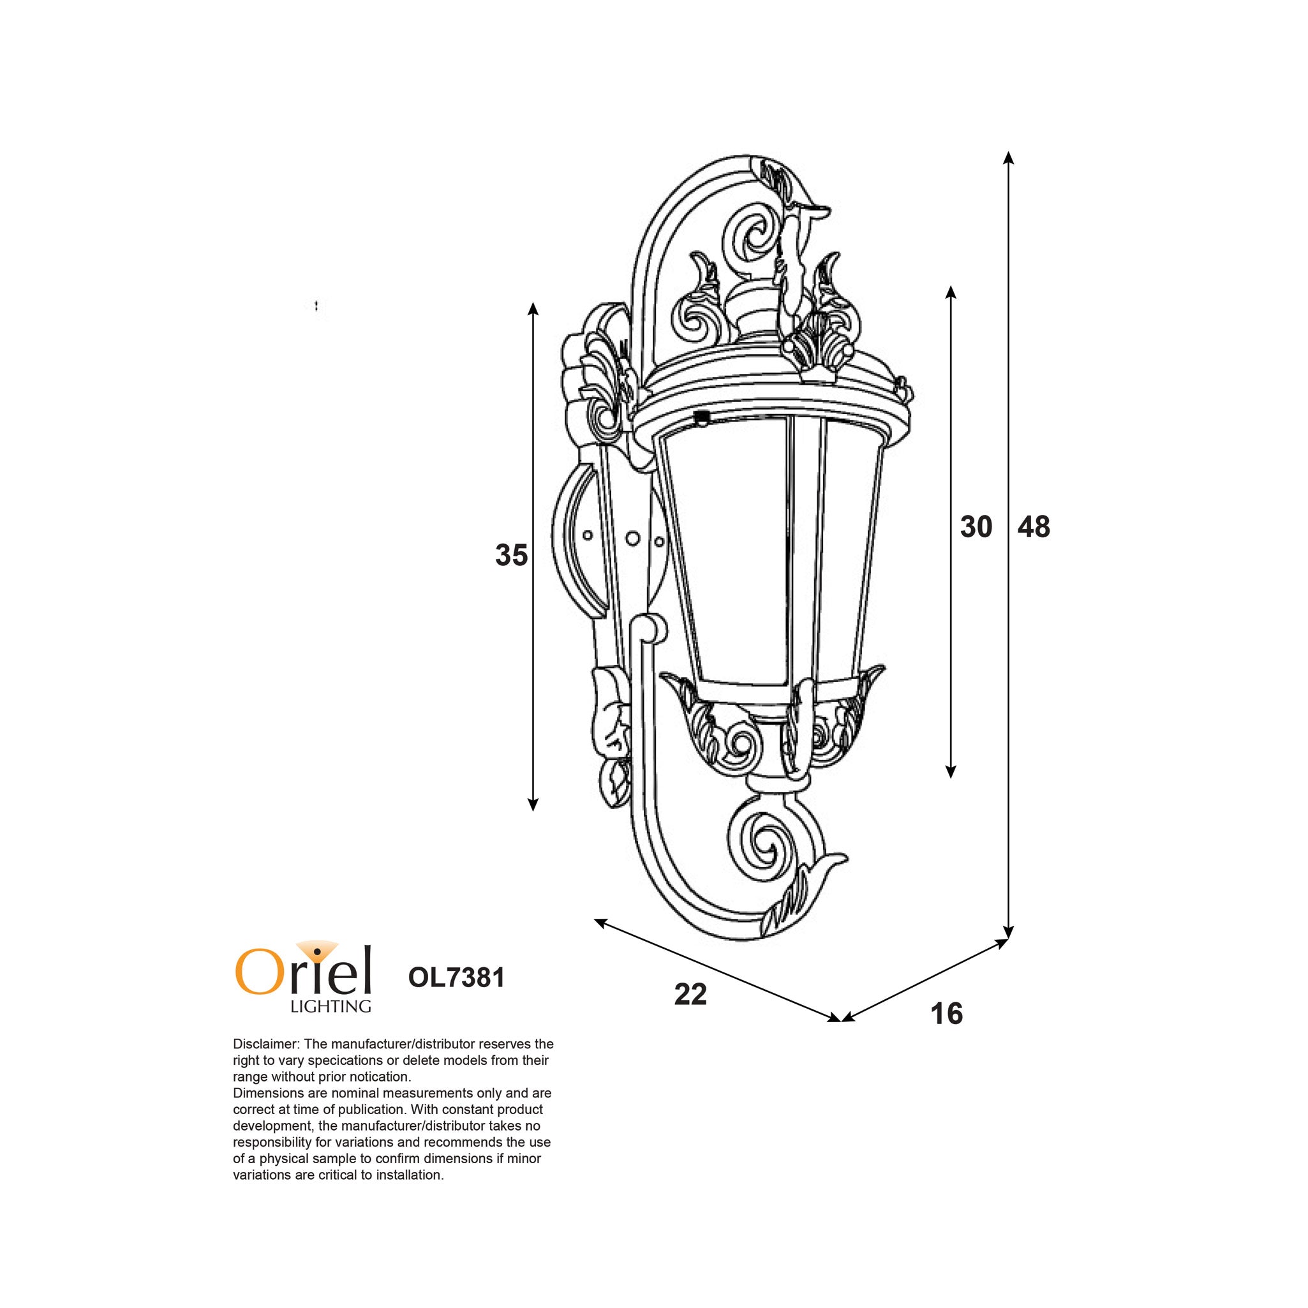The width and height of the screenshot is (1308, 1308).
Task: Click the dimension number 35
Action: (511, 555)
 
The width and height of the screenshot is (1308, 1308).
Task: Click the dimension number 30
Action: (976, 527)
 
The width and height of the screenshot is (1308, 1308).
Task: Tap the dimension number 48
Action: (1034, 527)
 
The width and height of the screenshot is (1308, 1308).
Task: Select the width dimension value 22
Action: (690, 995)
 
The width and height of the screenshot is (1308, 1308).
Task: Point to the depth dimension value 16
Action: (946, 1013)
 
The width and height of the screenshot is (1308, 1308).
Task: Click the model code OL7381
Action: (456, 977)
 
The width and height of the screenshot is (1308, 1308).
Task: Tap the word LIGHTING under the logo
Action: (331, 1007)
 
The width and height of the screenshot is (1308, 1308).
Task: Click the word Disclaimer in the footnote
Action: (264, 1044)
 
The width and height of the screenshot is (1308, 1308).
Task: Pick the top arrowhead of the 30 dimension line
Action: (951, 292)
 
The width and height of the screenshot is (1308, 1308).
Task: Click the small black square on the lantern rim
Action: (702, 417)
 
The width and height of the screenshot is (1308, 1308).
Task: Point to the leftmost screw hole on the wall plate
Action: (588, 535)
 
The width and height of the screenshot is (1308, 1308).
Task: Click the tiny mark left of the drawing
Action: (316, 306)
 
